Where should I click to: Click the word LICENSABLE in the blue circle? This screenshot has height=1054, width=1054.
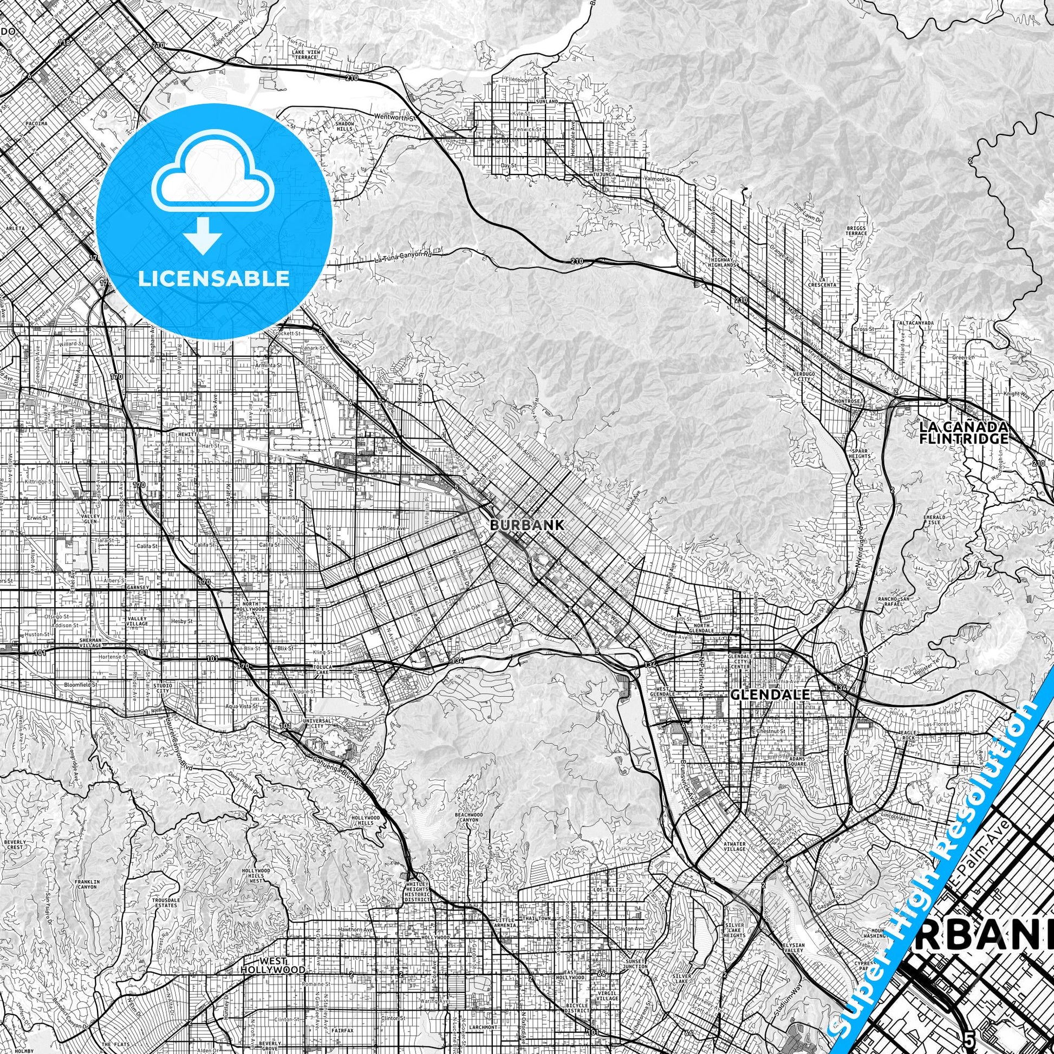214,279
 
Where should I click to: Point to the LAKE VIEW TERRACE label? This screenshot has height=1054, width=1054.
305,55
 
